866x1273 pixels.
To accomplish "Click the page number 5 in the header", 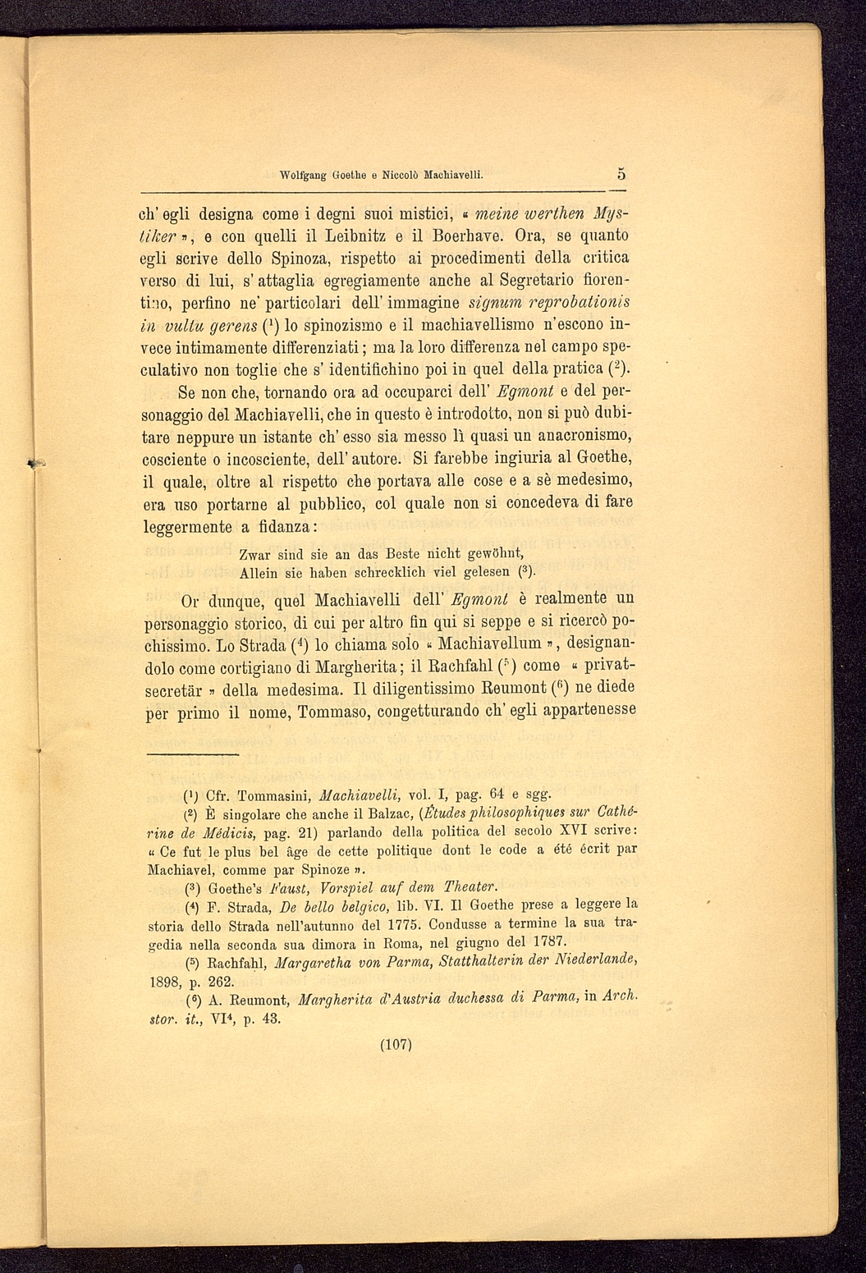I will coord(621,174).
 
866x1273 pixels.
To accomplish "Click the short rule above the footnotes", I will coord(192,753).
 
